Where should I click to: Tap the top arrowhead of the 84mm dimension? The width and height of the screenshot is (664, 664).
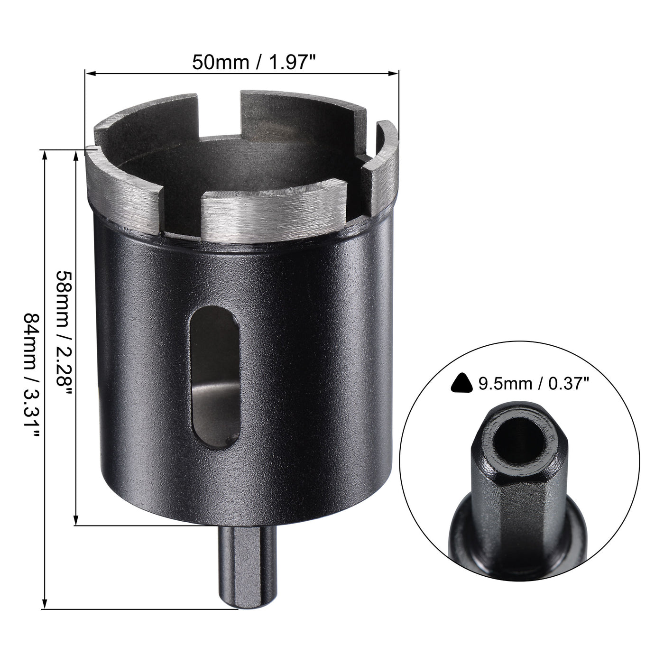(x=45, y=155)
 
